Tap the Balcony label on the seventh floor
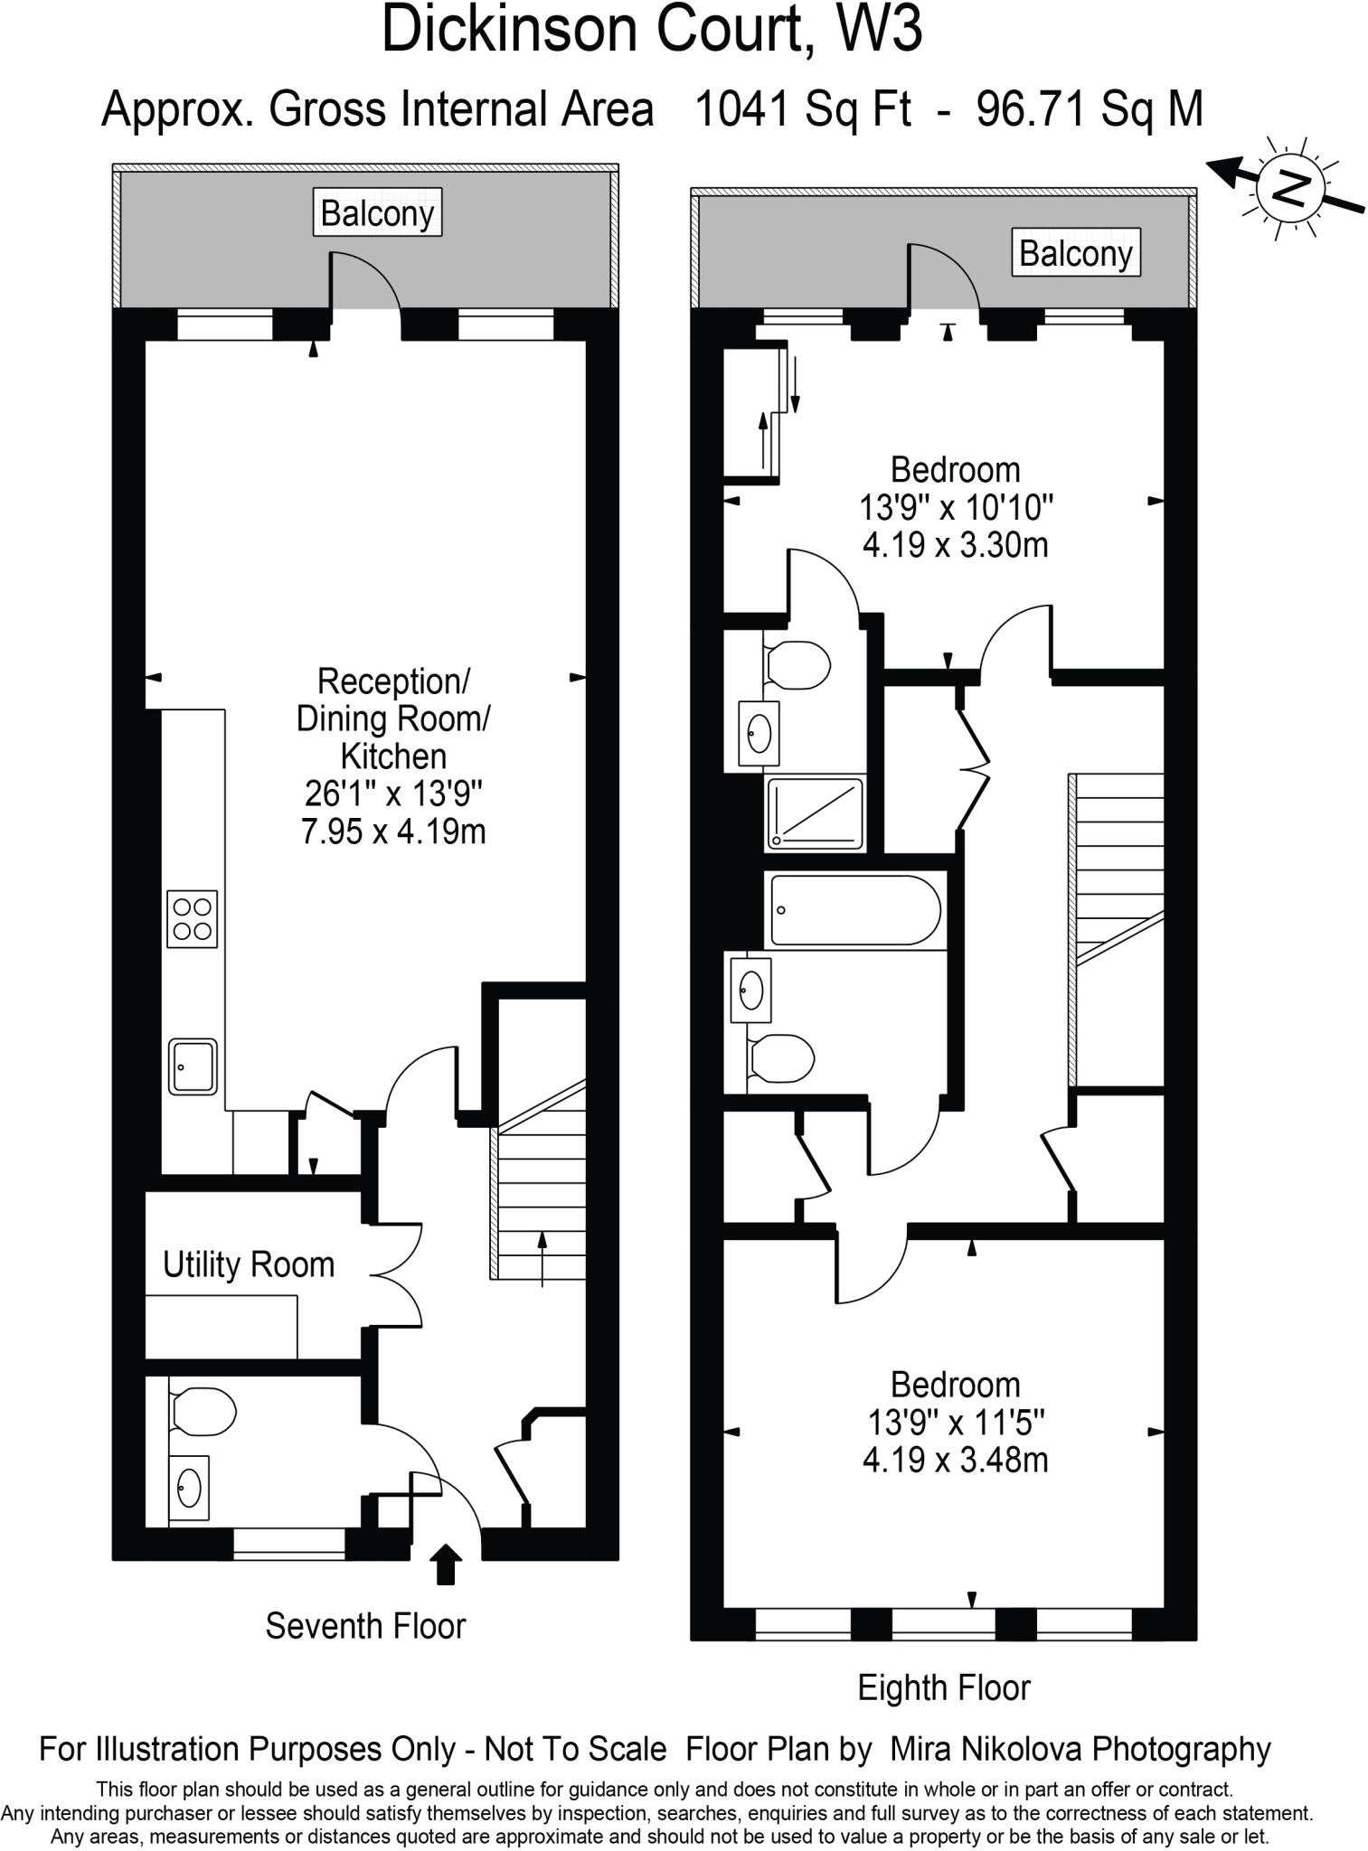click(x=377, y=213)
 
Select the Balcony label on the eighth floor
click(x=1075, y=253)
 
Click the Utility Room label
click(x=249, y=1264)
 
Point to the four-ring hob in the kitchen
click(x=192, y=918)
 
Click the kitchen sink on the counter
click(x=193, y=1066)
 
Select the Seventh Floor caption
click(x=365, y=1626)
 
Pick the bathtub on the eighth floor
click(x=854, y=910)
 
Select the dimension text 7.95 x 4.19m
click(x=393, y=831)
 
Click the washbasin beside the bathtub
click(x=751, y=990)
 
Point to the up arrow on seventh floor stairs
click(x=542, y=1257)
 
